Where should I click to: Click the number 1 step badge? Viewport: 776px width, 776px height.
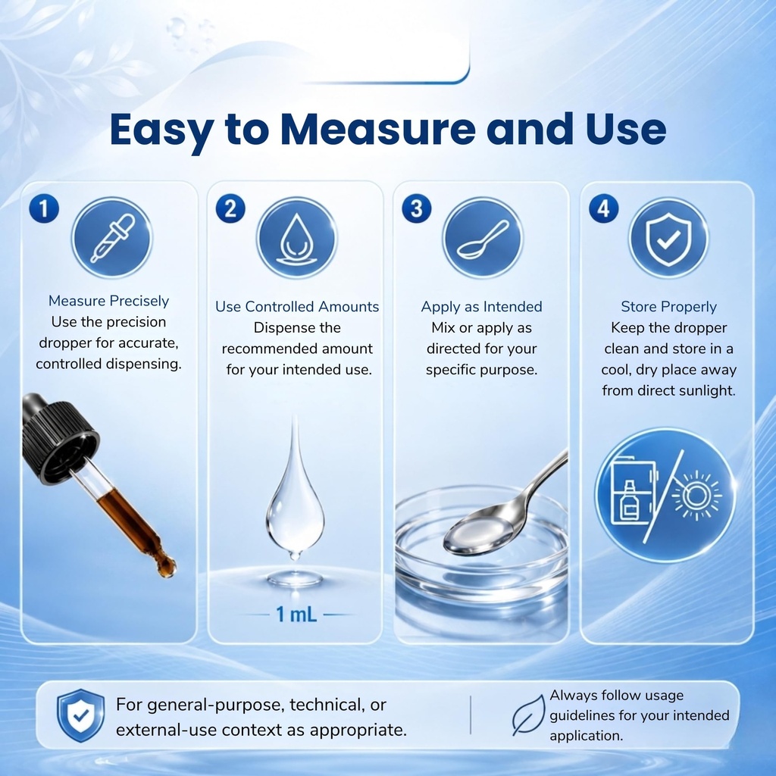coord(44,208)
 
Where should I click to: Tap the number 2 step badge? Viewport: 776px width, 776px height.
coord(230,208)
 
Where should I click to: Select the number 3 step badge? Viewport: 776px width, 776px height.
coord(417,208)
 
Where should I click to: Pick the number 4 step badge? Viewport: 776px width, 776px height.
coord(603,208)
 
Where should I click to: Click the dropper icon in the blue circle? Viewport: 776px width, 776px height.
coord(112,238)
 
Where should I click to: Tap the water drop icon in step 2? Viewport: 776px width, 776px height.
coord(297,238)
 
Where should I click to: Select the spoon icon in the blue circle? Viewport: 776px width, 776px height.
coord(483,238)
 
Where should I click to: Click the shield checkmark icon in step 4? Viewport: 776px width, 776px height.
coord(668,238)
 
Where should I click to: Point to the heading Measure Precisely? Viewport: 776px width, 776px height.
coord(109,301)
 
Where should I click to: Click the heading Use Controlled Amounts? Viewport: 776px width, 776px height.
coord(297,307)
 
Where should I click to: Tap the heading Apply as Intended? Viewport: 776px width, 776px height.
coord(481,307)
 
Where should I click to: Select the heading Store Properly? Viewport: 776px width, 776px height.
coord(668,307)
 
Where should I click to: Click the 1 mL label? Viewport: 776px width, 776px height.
coord(296,614)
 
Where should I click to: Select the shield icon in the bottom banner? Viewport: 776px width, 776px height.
coord(80,715)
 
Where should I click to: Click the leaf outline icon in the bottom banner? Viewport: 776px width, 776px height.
coord(528,715)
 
